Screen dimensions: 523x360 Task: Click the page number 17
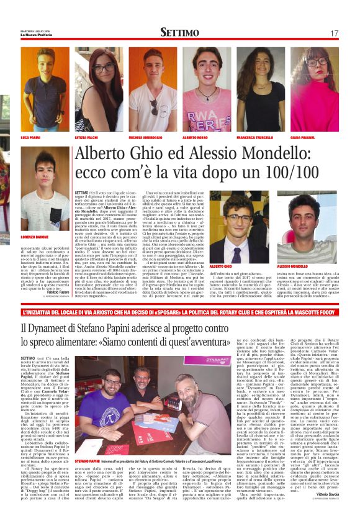[334, 32]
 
